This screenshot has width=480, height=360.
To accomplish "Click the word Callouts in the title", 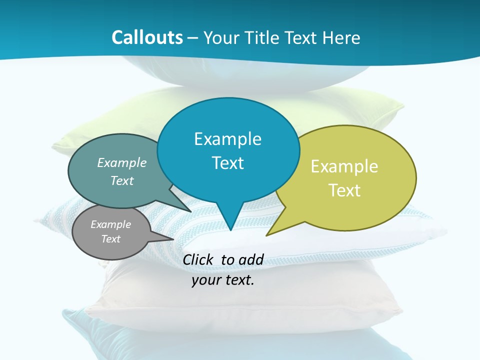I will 147,37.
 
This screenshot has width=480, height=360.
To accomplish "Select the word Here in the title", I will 341,37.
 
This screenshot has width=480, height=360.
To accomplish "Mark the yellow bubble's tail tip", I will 266,235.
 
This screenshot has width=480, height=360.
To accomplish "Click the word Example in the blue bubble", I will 228,139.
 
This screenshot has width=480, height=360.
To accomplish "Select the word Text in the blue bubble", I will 228,163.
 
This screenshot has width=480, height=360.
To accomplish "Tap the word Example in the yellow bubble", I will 344,166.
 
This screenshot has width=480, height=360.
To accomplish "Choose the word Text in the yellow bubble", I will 344,190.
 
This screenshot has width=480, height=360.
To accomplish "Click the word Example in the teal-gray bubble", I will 122,162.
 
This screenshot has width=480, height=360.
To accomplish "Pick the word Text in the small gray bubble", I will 111,239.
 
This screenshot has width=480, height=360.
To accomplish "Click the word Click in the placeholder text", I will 199,259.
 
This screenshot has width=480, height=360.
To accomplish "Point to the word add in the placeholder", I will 251,259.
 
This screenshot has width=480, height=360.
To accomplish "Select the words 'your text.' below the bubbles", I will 223,280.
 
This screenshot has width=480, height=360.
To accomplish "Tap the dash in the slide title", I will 193,38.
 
